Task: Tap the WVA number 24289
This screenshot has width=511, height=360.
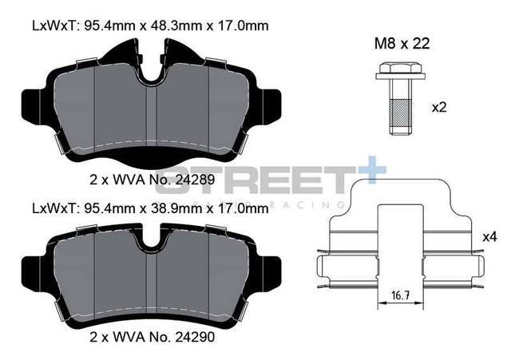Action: pos(195,180)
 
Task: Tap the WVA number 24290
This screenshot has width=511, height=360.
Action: pos(195,337)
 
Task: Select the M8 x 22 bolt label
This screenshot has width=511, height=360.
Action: pos(402,44)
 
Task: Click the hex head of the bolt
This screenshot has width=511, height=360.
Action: pos(400,68)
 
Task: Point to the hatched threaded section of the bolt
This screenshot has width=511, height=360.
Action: pos(400,113)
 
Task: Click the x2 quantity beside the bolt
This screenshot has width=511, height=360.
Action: pos(439,107)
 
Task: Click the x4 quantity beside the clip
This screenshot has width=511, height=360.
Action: pos(489,237)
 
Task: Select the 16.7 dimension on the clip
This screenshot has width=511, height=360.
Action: pos(400,295)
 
